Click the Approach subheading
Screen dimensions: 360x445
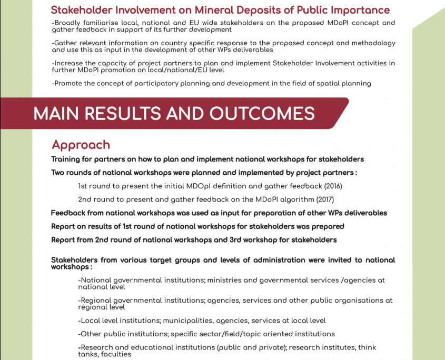[x=81, y=145]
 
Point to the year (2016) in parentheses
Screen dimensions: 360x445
[x=333, y=186]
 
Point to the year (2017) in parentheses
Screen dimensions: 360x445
[x=324, y=199]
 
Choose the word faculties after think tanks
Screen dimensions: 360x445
[x=114, y=354]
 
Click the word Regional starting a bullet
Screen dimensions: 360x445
[x=99, y=301]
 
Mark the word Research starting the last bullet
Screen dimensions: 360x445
[x=97, y=347]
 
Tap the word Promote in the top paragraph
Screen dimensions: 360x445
[x=70, y=83]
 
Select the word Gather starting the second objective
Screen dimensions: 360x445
[x=66, y=43]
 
